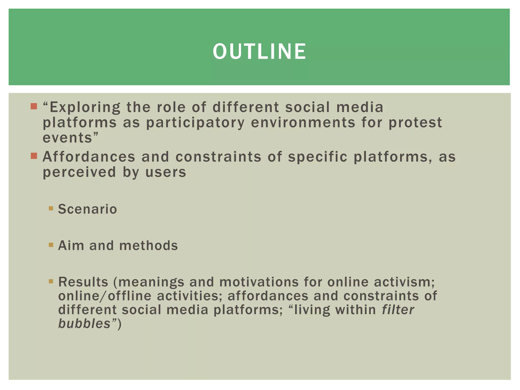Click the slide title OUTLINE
(259, 52)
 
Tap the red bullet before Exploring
(34, 106)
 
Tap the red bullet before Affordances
(34, 156)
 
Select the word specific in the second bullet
(317, 157)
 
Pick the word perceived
(79, 172)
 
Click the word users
(166, 172)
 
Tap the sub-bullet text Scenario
(87, 209)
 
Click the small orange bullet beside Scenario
(51, 208)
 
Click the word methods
(149, 246)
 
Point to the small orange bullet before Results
(51, 281)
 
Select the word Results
(83, 282)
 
